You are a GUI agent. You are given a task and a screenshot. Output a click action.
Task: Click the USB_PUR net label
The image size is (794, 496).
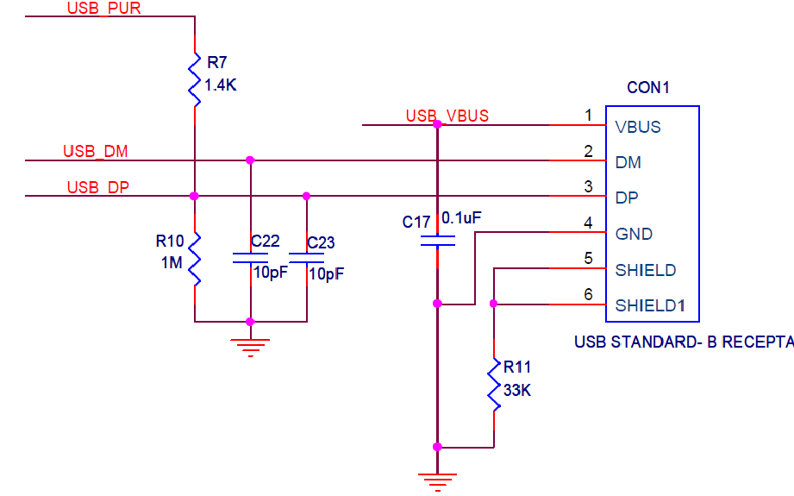click(x=103, y=9)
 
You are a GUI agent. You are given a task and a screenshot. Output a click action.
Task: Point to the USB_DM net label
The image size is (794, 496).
click(x=95, y=152)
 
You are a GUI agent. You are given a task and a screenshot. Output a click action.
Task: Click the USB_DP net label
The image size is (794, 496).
click(x=97, y=187)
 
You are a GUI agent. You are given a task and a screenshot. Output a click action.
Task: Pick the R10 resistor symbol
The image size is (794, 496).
click(x=195, y=258)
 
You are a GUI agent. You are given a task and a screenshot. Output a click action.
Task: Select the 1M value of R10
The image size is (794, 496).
click(x=172, y=263)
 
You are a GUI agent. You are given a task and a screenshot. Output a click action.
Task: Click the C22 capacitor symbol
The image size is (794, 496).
click(x=250, y=258)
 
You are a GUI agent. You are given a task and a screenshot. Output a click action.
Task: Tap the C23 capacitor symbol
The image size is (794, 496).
click(x=307, y=258)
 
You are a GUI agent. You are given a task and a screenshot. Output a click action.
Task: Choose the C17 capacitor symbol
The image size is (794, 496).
click(x=437, y=240)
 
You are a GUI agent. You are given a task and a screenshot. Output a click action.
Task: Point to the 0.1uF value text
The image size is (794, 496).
click(x=461, y=219)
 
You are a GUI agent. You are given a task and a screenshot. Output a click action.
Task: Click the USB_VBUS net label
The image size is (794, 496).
click(x=447, y=116)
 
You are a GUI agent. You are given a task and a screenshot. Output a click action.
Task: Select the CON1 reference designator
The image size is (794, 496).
click(x=648, y=88)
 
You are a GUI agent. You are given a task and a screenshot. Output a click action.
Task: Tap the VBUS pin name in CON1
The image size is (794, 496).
click(x=638, y=127)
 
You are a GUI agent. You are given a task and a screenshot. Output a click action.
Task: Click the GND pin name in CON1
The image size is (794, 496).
click(x=634, y=234)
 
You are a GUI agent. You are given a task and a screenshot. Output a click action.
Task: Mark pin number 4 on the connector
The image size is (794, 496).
click(x=588, y=223)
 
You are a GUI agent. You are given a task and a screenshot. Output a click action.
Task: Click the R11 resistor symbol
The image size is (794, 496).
click(x=494, y=386)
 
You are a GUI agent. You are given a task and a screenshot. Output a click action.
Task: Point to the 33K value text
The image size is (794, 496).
click(x=517, y=390)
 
